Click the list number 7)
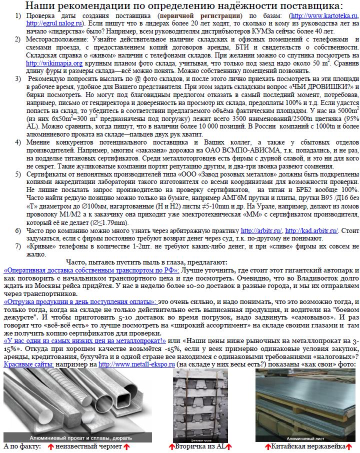(x=18, y=246)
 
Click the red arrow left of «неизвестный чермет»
(x=50, y=446)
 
